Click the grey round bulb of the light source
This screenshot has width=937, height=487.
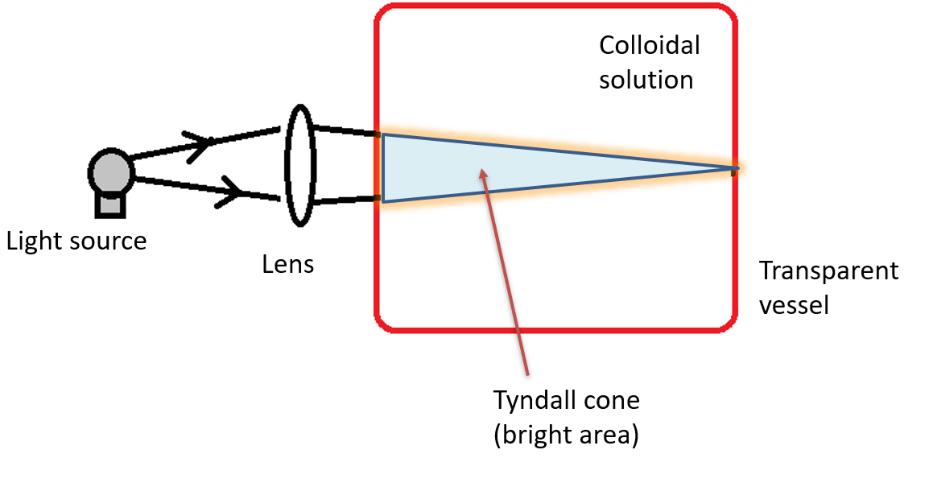tap(110, 171)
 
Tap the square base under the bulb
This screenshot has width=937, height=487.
tap(110, 204)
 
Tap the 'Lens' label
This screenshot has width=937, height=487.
tap(287, 264)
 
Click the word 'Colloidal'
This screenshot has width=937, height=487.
tap(650, 45)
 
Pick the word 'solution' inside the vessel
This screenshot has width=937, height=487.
tap(646, 80)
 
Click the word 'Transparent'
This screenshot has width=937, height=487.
tap(829, 271)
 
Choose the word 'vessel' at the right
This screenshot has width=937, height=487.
tap(794, 306)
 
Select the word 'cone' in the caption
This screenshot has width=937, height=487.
tap(611, 401)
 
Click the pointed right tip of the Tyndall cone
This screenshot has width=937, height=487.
tap(733, 169)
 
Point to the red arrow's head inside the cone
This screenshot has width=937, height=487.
tap(482, 171)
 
